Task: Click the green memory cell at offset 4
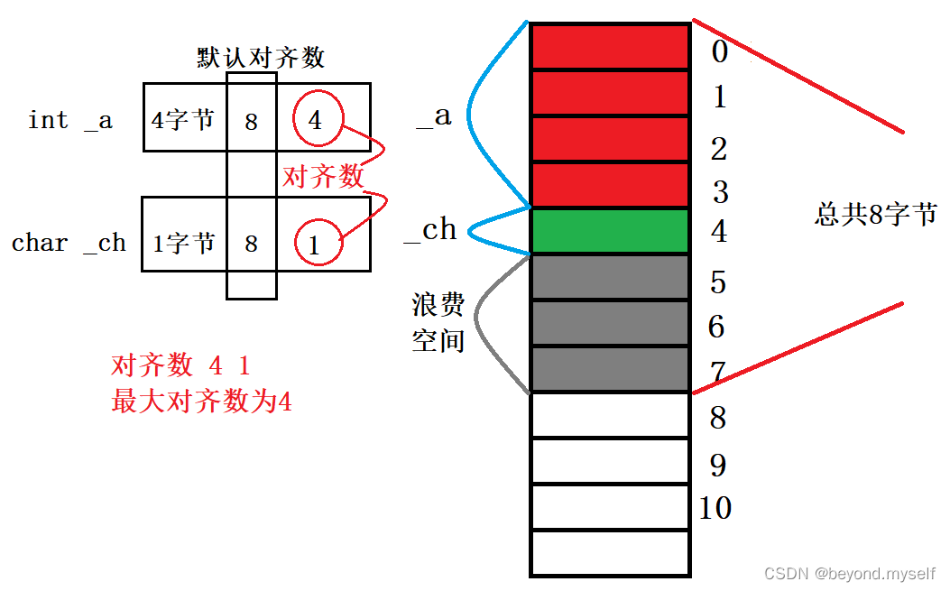click(x=610, y=231)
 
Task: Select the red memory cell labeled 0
click(x=610, y=48)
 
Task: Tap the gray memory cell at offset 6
click(x=610, y=323)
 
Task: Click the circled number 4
click(x=315, y=120)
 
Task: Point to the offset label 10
click(x=715, y=508)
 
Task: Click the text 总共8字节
click(x=876, y=215)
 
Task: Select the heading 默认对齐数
click(x=261, y=58)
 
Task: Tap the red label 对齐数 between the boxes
click(x=323, y=176)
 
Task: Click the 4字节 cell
click(x=183, y=119)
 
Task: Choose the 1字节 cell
click(x=183, y=243)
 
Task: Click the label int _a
click(x=70, y=120)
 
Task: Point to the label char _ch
click(x=69, y=243)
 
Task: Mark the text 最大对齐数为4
click(x=201, y=402)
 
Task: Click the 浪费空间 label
click(x=438, y=323)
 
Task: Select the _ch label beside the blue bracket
click(x=430, y=231)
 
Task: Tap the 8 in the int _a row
click(x=251, y=121)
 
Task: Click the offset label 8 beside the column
click(x=718, y=419)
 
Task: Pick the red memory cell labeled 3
click(x=610, y=186)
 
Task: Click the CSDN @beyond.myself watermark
click(x=850, y=574)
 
